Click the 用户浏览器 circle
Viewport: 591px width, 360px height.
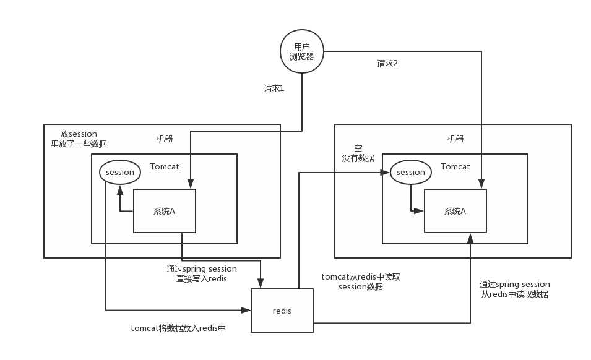(x=301, y=51)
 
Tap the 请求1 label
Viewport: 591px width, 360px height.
(x=274, y=88)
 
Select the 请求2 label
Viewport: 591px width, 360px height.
(x=387, y=64)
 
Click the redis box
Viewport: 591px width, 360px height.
(x=282, y=311)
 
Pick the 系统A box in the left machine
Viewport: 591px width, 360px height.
(x=165, y=211)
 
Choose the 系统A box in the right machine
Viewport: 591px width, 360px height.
(x=455, y=211)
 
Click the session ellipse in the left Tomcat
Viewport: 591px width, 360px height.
(x=120, y=172)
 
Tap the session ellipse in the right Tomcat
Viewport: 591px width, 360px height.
(x=411, y=172)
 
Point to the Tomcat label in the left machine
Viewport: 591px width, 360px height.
(x=164, y=167)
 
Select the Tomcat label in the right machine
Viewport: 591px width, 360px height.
(x=455, y=167)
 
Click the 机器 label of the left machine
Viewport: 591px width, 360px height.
(x=165, y=139)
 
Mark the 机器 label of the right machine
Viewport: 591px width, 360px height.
(x=455, y=139)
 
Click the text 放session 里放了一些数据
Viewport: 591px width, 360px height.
(x=79, y=139)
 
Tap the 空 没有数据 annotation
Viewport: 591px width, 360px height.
(x=358, y=153)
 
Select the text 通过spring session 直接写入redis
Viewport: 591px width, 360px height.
(x=202, y=273)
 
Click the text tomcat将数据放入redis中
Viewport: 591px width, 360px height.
(x=178, y=328)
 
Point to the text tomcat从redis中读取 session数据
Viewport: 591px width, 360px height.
(x=361, y=282)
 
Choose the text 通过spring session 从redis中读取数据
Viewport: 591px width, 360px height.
(x=515, y=289)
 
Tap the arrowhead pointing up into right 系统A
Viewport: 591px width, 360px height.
(x=470, y=238)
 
